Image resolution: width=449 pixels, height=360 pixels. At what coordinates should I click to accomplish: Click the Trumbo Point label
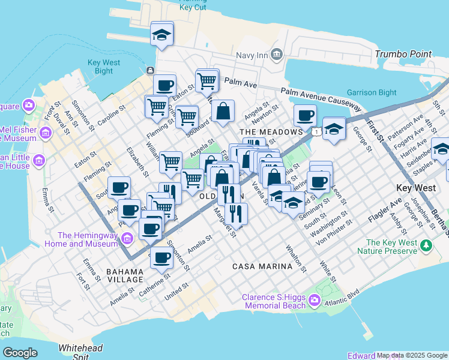click(403, 54)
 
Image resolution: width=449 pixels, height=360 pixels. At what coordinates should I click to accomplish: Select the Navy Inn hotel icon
click(276, 55)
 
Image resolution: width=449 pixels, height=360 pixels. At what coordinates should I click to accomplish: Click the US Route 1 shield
click(315, 130)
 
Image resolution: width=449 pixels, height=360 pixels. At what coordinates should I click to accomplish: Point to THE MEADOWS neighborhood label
click(271, 131)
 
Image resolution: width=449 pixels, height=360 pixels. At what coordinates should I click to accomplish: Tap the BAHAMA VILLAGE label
click(125, 275)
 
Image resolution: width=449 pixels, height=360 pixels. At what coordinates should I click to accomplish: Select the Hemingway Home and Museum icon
click(126, 239)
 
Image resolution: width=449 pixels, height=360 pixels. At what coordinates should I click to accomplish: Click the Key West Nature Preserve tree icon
click(426, 245)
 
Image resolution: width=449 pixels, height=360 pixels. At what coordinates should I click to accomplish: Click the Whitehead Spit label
click(80, 351)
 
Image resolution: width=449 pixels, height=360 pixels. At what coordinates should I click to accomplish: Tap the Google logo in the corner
click(20, 353)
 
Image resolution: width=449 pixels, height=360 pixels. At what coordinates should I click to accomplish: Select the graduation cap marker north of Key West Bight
click(161, 34)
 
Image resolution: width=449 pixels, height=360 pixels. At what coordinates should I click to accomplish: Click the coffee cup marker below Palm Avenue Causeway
click(305, 115)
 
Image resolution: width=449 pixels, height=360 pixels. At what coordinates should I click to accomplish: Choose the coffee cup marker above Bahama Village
click(161, 257)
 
